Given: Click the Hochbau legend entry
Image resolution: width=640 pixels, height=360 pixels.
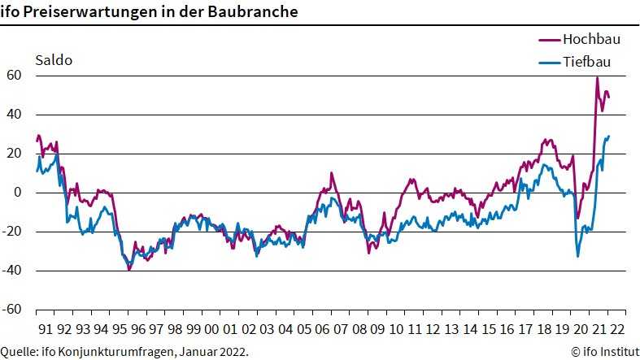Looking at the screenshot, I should (581, 38).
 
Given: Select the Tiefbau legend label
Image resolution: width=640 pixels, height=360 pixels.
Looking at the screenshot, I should (585, 61).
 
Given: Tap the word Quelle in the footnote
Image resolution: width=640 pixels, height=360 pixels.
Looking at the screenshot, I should (19, 351).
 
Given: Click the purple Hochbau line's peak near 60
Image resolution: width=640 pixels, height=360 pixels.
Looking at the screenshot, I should (597, 78).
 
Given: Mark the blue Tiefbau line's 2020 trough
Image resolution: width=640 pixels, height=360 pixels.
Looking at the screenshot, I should (578, 256).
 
